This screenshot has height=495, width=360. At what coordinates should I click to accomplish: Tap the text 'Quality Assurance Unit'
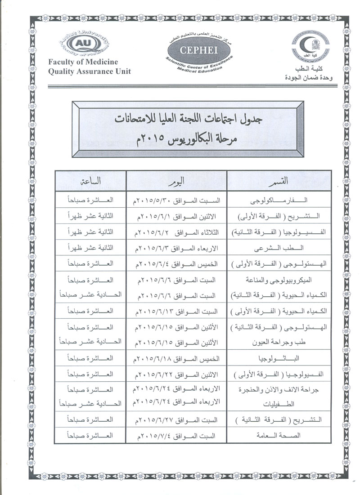(89, 71)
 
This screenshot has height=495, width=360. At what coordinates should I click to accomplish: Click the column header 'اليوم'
(177, 181)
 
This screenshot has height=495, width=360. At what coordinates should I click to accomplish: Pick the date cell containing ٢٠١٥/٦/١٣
(177, 311)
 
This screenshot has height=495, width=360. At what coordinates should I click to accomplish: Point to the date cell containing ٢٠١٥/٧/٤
(177, 436)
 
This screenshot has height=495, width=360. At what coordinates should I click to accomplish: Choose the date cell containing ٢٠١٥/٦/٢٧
(177, 420)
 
